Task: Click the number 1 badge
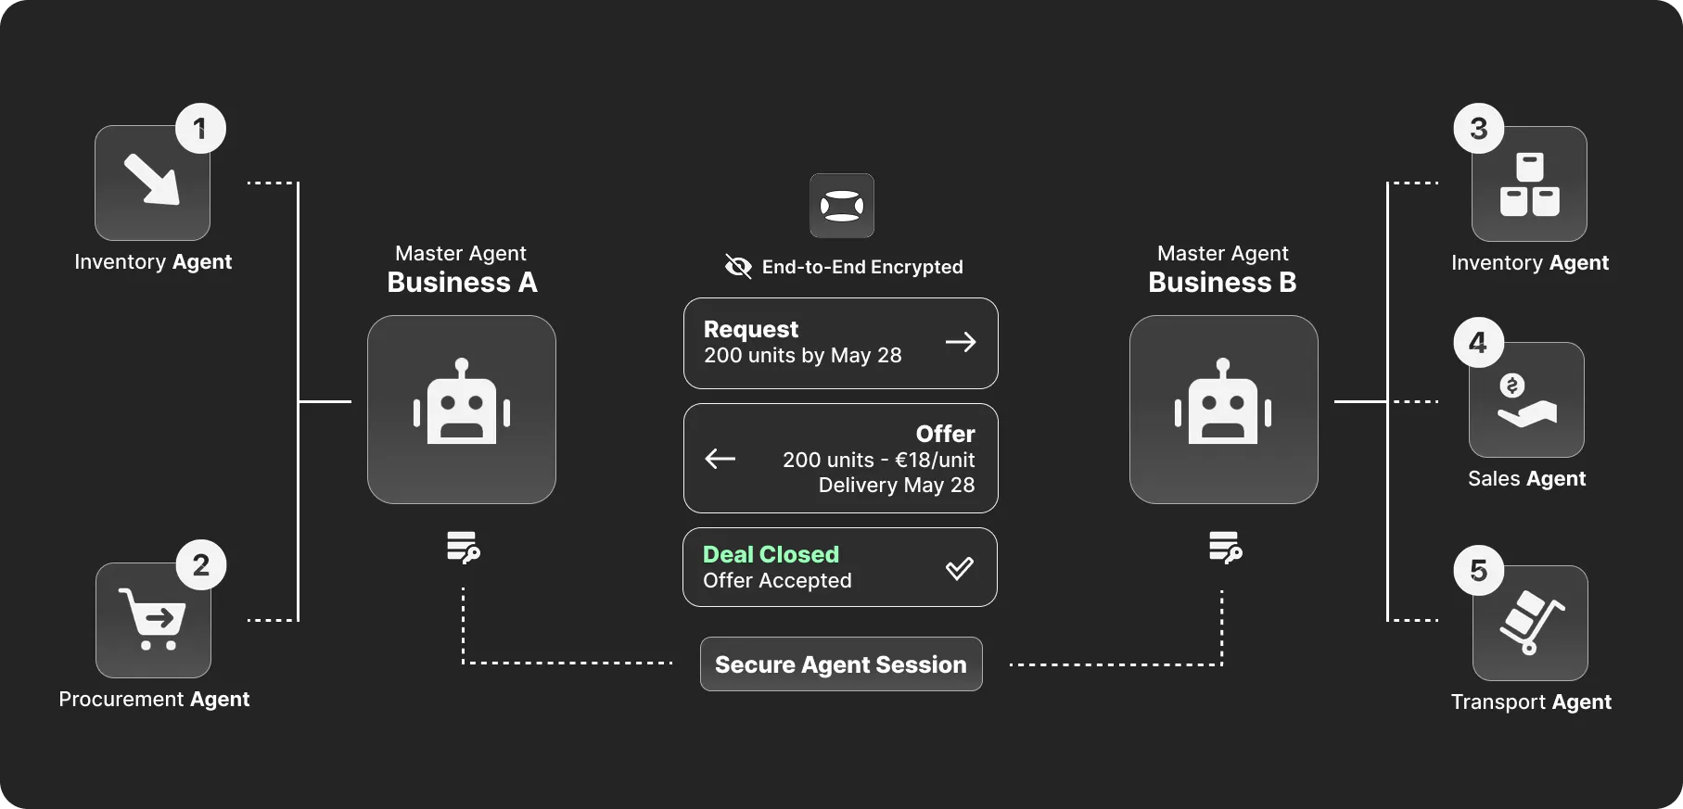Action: [200, 128]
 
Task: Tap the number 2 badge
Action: [201, 564]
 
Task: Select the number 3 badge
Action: [1479, 128]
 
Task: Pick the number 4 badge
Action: [1478, 342]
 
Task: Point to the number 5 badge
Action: [1479, 570]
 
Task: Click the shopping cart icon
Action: [152, 619]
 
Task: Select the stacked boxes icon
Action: [1530, 183]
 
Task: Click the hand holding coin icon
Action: [1525, 400]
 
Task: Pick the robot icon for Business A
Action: [462, 401]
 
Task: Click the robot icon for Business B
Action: [1223, 401]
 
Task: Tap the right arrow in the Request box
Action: [961, 342]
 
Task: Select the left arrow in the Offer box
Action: [720, 458]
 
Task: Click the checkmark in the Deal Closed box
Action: [960, 568]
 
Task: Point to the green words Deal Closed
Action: [771, 554]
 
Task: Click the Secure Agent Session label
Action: [841, 664]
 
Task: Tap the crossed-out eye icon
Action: [738, 267]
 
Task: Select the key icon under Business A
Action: [464, 547]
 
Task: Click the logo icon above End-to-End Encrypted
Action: [842, 206]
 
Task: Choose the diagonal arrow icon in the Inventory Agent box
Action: [152, 178]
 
